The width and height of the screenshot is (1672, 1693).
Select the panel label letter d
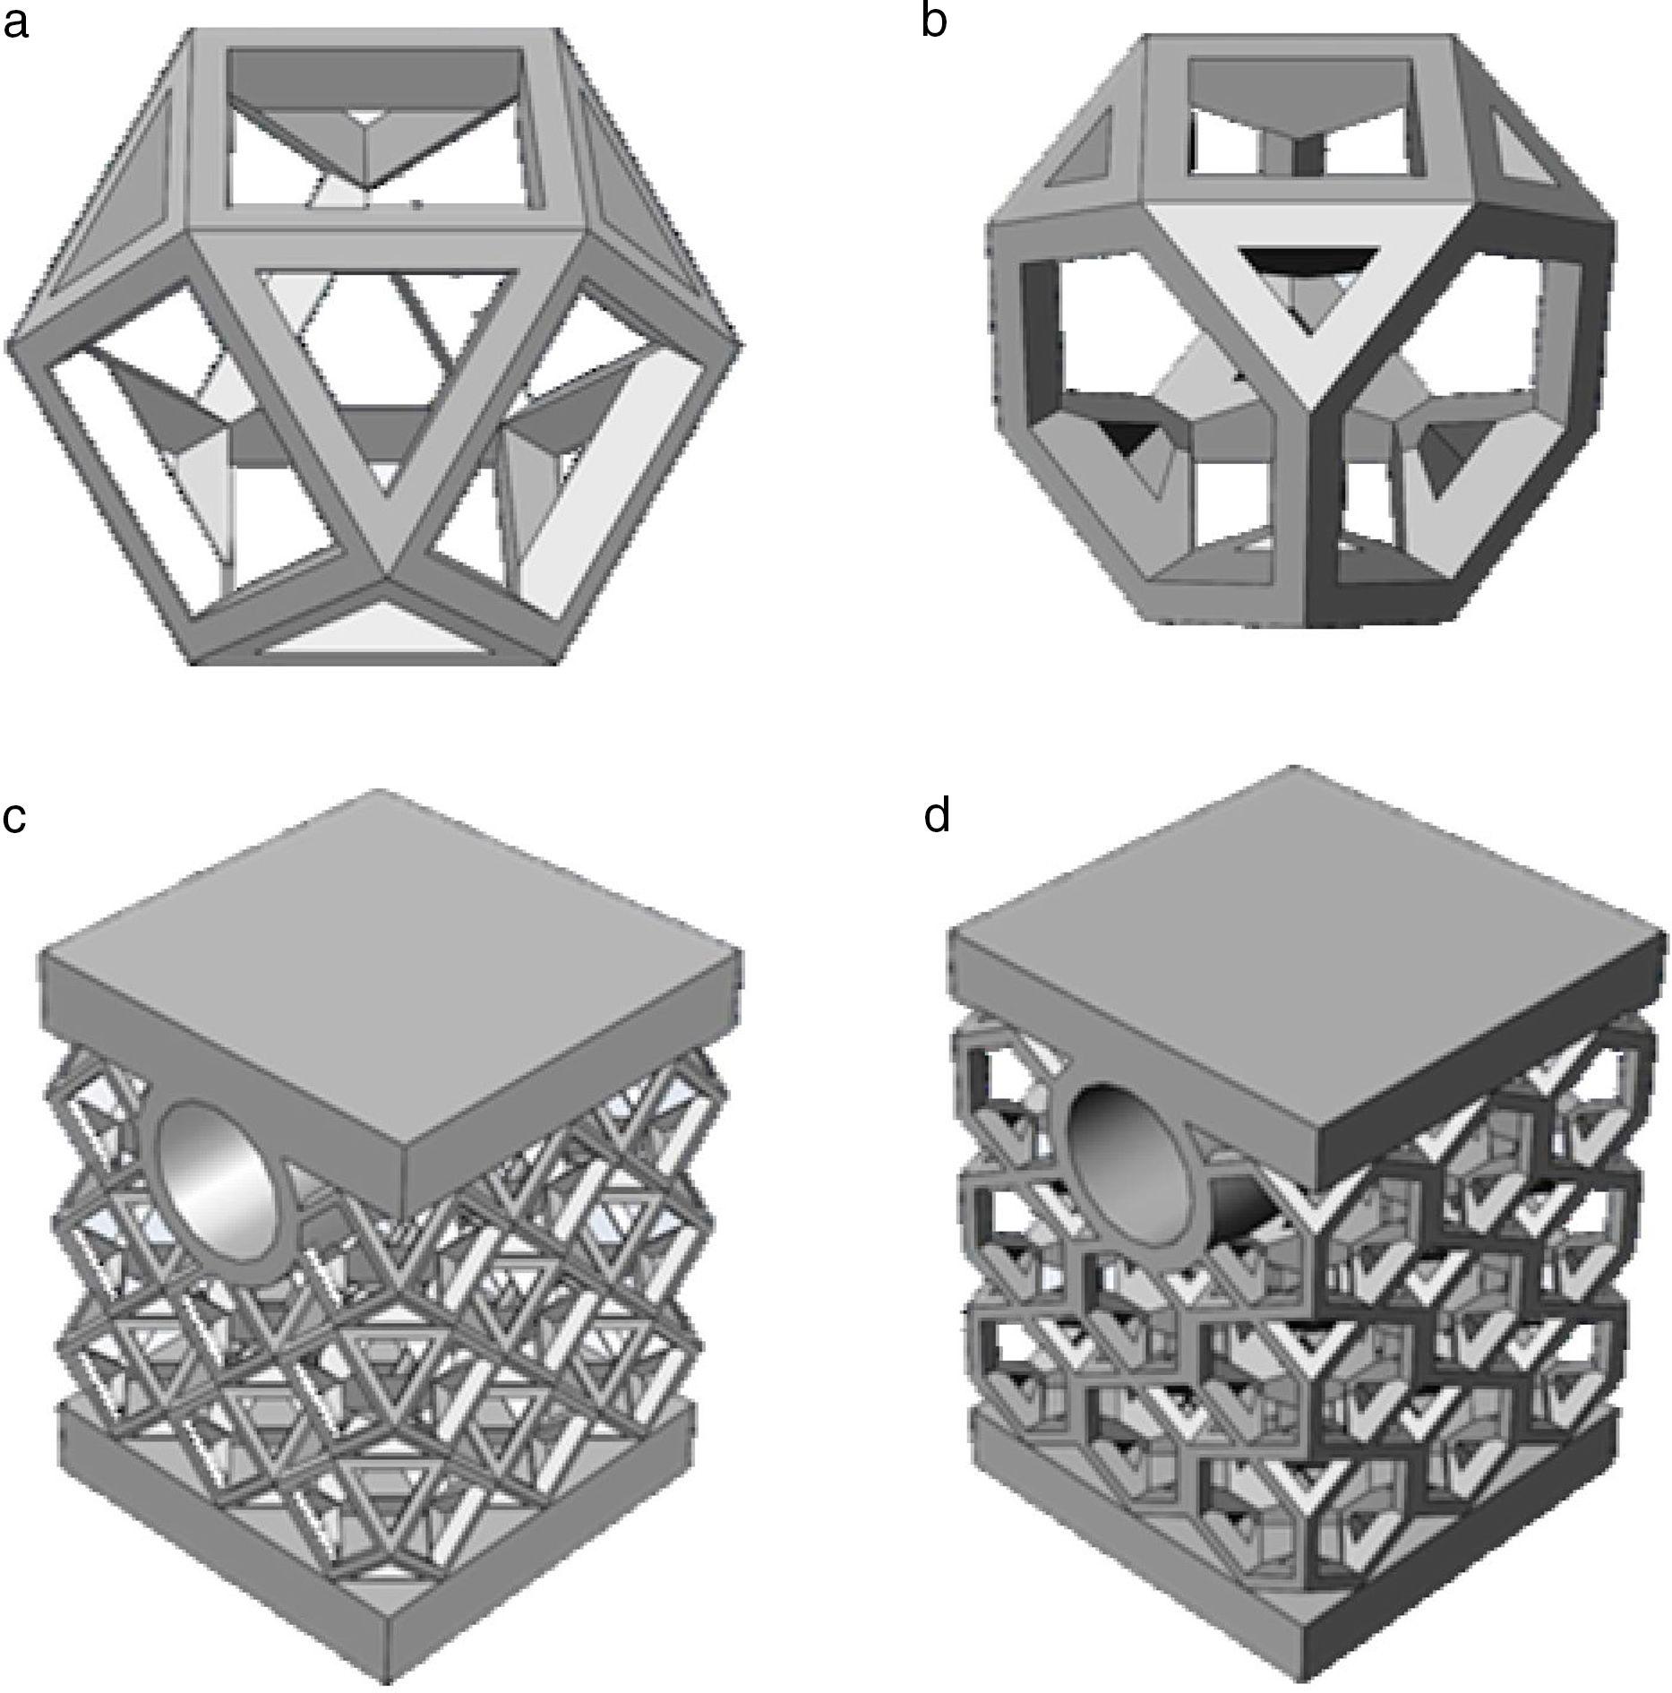click(x=936, y=816)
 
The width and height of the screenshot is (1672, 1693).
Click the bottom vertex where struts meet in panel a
click(x=387, y=573)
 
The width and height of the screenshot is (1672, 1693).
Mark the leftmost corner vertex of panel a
click(x=11, y=343)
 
